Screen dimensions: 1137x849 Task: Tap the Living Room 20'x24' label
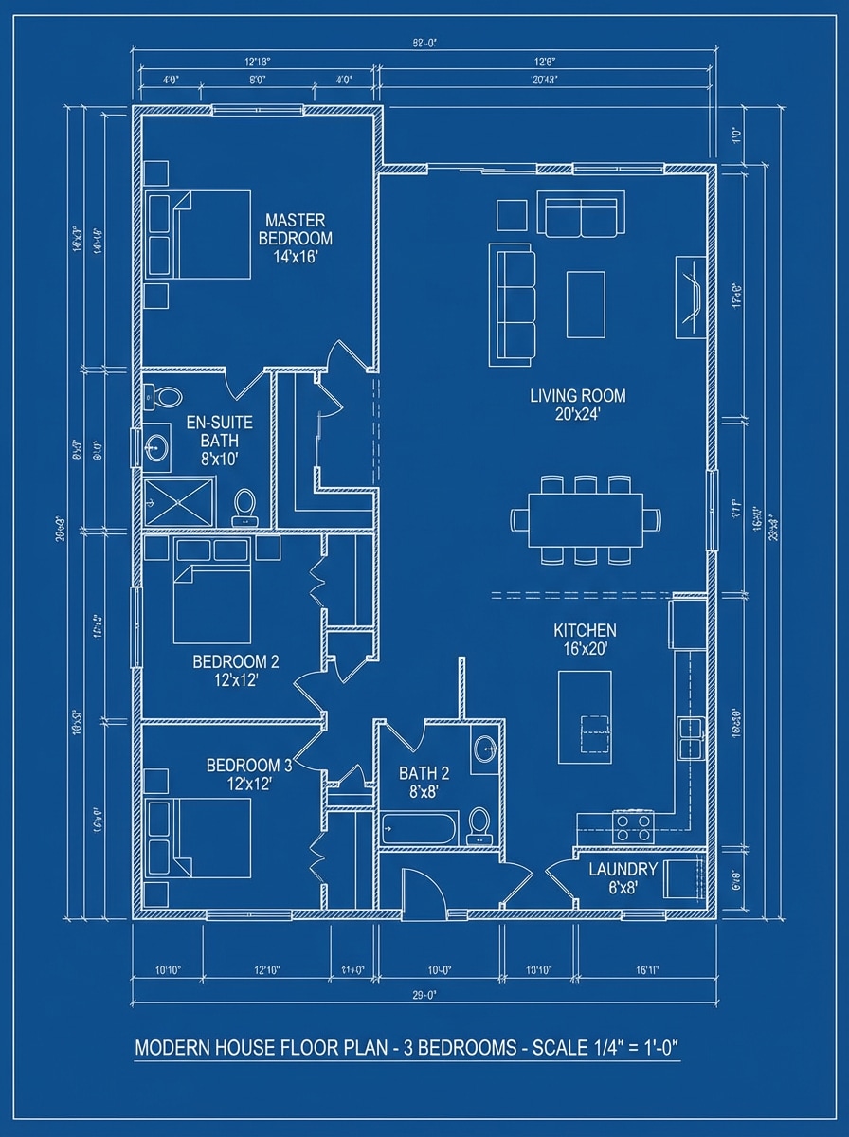(x=577, y=405)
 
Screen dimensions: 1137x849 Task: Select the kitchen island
(x=585, y=716)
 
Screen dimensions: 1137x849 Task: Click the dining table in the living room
(x=586, y=520)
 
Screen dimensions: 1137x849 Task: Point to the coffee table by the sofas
(x=586, y=304)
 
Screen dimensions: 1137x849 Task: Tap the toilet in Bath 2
(x=479, y=824)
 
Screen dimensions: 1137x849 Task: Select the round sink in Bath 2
(x=485, y=749)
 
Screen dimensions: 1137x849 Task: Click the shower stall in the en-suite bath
(x=179, y=501)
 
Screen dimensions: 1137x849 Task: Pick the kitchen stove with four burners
(x=633, y=827)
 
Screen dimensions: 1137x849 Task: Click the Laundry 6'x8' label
(x=623, y=878)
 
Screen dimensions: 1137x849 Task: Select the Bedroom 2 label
(x=236, y=670)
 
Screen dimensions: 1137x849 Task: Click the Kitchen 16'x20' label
(x=585, y=640)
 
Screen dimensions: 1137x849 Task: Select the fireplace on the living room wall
(x=690, y=297)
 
